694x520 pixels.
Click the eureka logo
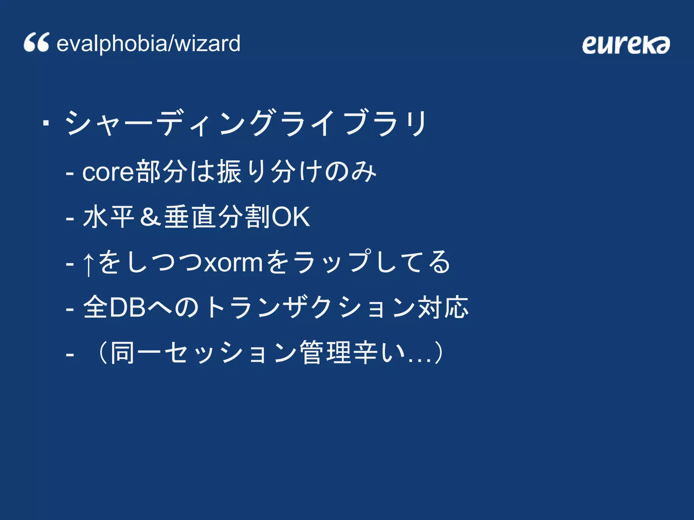626,45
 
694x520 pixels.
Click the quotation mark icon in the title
36,43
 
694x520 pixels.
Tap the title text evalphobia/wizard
148,44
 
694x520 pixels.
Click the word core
108,172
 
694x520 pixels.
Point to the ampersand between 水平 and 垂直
150,217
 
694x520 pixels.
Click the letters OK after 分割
291,217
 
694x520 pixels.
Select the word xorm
233,263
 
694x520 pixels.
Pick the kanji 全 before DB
96,307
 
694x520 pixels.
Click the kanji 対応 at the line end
443,307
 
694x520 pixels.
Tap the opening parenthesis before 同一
101,353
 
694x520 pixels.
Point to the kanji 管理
326,353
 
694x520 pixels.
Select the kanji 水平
109,217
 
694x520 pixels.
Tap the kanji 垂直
190,217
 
